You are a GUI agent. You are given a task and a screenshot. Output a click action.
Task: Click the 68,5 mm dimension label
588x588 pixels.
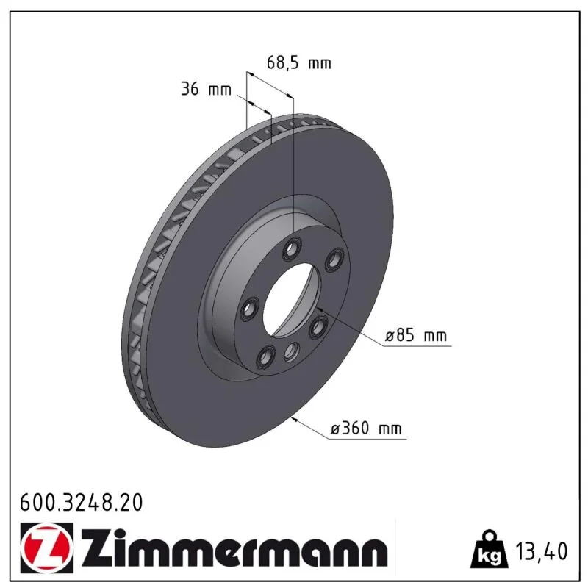point(299,62)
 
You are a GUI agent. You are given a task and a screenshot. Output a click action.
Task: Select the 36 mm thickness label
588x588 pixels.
point(207,89)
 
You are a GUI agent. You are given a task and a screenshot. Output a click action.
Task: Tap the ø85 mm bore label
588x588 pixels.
point(416,335)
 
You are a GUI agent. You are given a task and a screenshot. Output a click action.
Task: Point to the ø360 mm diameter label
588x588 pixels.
point(366,428)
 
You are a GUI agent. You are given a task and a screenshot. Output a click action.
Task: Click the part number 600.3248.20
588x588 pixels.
point(82,503)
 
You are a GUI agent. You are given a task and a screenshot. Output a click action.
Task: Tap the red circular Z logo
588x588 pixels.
point(47,548)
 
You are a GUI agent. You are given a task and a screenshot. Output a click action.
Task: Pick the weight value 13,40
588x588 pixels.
point(542,551)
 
